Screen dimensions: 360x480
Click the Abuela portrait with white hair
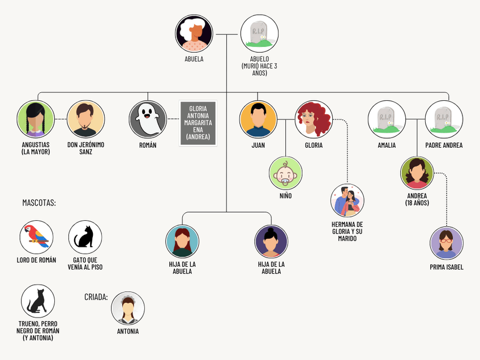194,33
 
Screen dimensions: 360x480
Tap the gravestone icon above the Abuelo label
259,33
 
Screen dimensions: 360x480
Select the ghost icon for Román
148,119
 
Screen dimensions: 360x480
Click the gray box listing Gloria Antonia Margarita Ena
198,123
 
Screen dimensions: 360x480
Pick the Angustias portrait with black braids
36,119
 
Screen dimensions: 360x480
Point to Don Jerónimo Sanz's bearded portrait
85,119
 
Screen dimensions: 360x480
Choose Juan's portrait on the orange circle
258,119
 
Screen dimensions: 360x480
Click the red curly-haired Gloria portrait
314,119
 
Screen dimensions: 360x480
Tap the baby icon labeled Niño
285,173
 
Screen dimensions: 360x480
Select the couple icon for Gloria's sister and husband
347,200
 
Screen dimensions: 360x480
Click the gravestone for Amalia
387,119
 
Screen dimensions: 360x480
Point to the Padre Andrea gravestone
444,119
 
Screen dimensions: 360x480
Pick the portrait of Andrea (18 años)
417,173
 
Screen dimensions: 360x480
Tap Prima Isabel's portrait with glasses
447,243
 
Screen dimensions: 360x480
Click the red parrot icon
36,237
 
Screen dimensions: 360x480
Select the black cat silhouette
85,237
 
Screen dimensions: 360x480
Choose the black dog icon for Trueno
37,301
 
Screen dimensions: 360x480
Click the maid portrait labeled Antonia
128,308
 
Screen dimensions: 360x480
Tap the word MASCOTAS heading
39,203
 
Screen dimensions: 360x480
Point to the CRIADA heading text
96,297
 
